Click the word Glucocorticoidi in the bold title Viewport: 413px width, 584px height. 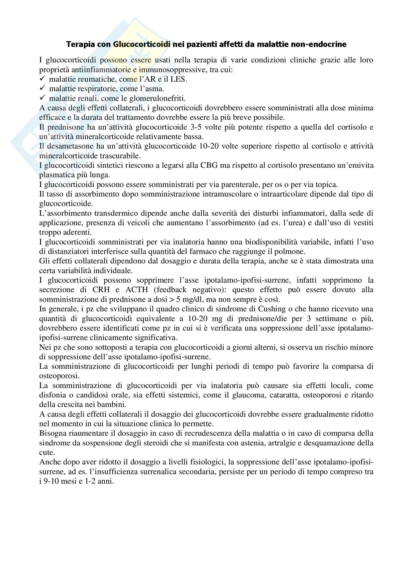[x=142, y=44]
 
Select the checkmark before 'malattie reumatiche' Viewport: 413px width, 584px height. [x=42, y=79]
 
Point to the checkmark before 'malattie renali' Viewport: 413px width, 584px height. [x=42, y=98]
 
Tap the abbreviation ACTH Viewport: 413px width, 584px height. [x=137, y=290]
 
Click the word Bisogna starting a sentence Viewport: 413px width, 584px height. [x=53, y=433]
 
